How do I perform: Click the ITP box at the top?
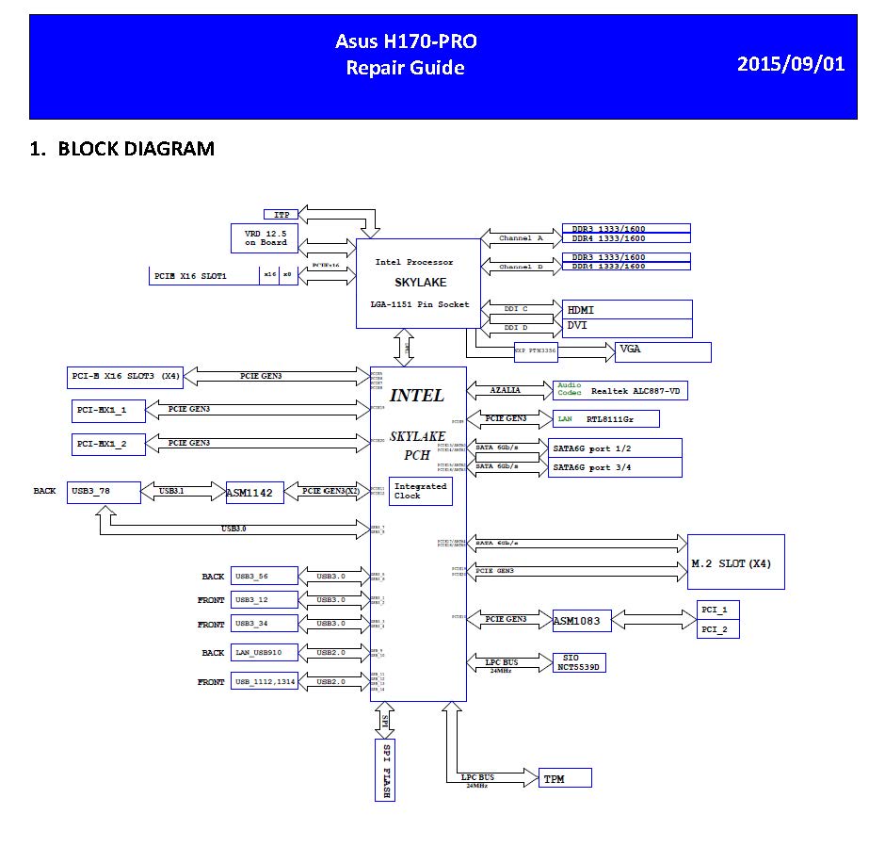[x=282, y=215]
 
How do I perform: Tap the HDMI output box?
[x=626, y=310]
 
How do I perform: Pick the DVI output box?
[x=626, y=327]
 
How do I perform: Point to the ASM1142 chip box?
[x=254, y=492]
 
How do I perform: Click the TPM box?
[x=566, y=777]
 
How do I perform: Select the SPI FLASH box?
[x=384, y=769]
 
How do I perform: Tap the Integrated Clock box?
[x=419, y=491]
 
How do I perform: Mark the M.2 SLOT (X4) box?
[x=736, y=562]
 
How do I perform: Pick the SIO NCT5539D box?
[x=579, y=662]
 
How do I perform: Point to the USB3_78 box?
[x=104, y=491]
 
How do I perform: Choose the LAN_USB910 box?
[x=265, y=652]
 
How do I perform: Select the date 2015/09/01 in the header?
[x=790, y=64]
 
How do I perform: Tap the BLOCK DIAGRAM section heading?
[x=121, y=148]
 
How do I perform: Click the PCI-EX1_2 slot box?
[x=108, y=443]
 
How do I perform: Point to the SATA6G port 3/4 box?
[x=615, y=467]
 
